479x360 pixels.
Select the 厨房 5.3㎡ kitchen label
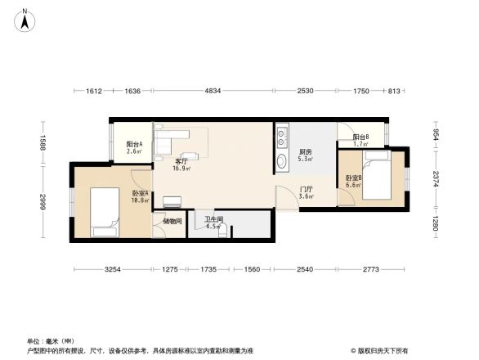(305, 155)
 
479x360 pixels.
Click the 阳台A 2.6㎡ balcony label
(135, 147)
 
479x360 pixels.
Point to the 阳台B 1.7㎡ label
(360, 140)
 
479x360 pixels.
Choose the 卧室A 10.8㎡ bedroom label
(140, 196)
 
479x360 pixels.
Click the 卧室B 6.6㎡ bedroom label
(353, 182)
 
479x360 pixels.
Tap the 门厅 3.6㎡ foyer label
(307, 193)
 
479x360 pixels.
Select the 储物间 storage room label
(172, 221)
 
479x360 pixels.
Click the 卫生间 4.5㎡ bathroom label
(213, 223)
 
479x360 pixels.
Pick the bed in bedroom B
(376, 179)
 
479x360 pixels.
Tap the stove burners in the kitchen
(282, 133)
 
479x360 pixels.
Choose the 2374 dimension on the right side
(436, 178)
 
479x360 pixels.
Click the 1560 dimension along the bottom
(252, 269)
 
